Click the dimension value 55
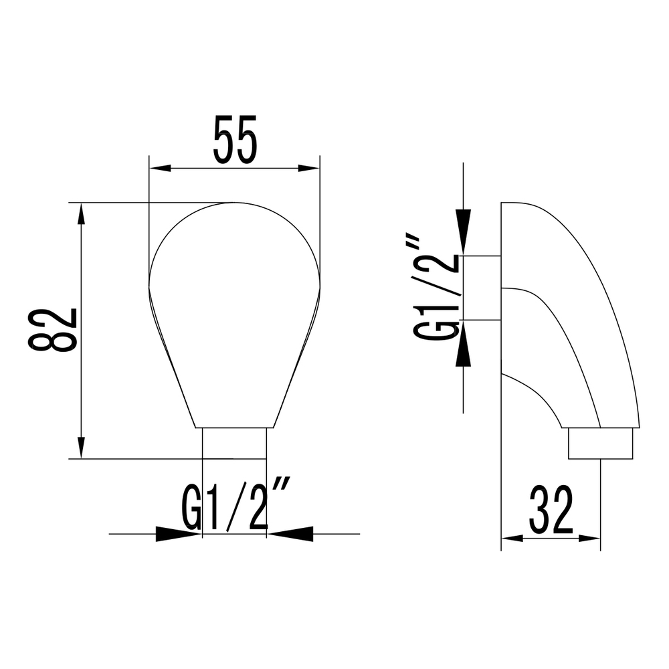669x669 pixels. (234, 140)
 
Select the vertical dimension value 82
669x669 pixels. (53, 330)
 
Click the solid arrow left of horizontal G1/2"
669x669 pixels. (178, 534)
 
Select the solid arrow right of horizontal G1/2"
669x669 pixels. (290, 534)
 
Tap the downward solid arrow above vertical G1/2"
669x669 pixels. (463, 231)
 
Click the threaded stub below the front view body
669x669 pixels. (234, 443)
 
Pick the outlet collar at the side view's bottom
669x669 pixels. (600, 443)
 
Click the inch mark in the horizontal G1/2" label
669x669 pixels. (280, 496)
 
